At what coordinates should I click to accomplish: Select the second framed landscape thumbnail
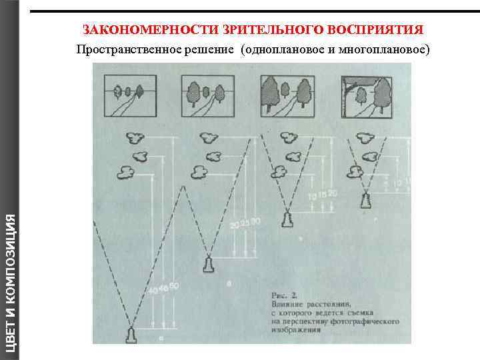pos(207,95)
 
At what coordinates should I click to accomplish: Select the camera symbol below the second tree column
pos(209,265)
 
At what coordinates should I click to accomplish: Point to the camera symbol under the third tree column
pos(287,219)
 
